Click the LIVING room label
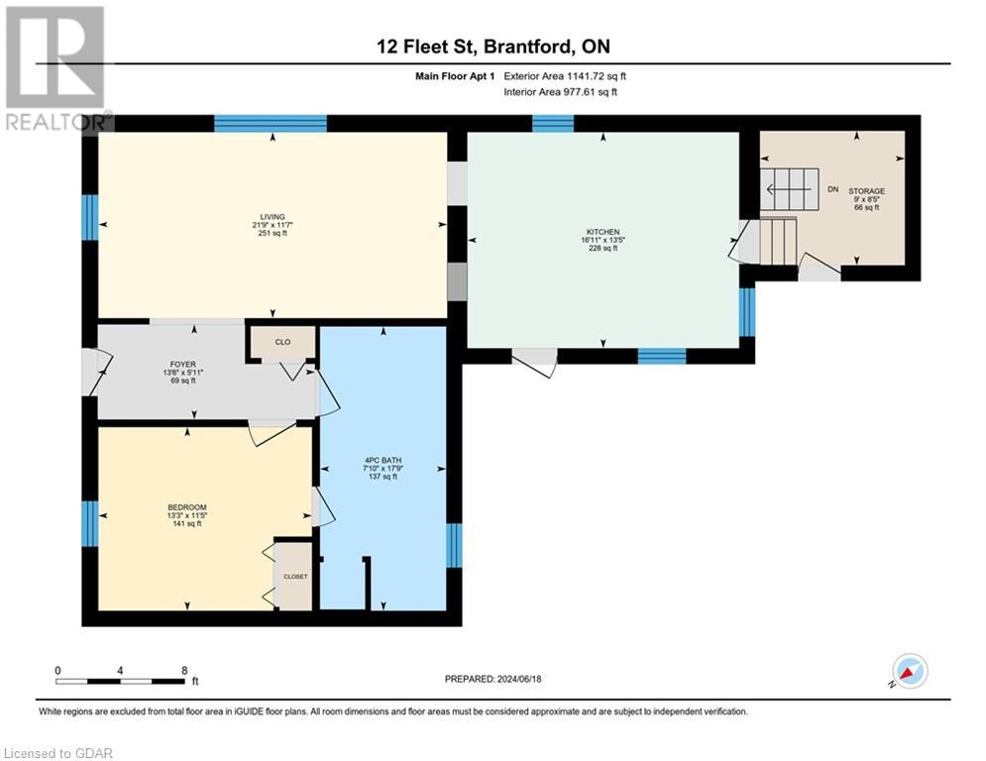click(273, 217)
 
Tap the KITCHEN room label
click(602, 232)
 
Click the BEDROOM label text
click(186, 507)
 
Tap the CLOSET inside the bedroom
click(295, 576)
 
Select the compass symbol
click(910, 672)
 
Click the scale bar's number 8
click(184, 670)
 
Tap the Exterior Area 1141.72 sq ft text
click(565, 76)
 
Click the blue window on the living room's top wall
click(271, 123)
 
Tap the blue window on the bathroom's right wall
click(454, 545)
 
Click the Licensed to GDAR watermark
click(57, 753)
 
